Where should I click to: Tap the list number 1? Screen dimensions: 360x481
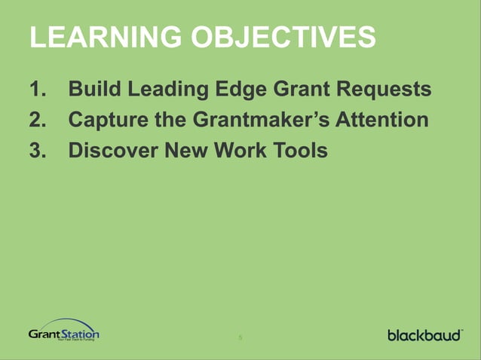37,90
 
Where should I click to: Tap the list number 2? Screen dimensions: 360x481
37,120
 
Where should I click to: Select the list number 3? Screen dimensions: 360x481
37,150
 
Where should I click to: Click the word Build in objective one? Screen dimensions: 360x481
93,90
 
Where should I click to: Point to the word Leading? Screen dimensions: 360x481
162,90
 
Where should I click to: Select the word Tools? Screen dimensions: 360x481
299,150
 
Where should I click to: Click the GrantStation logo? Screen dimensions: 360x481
64,331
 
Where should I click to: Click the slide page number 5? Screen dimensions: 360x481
240,337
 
